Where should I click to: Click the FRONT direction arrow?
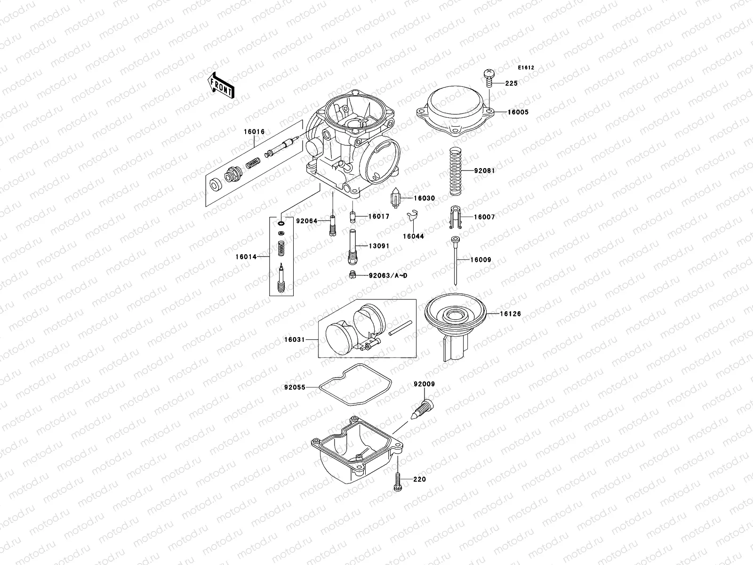[x=222, y=85]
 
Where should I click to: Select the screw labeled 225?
[x=489, y=78]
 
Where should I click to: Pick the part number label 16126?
[x=510, y=314]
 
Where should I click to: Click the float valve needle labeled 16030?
[x=396, y=198]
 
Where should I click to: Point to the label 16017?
[x=378, y=217]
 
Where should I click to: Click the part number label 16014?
[x=246, y=257]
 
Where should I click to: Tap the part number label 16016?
[x=254, y=132]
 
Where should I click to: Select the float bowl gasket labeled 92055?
[x=353, y=386]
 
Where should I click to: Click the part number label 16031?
[x=294, y=339]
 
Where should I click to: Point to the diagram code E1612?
[x=526, y=68]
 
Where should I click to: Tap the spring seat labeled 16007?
[x=454, y=217]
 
